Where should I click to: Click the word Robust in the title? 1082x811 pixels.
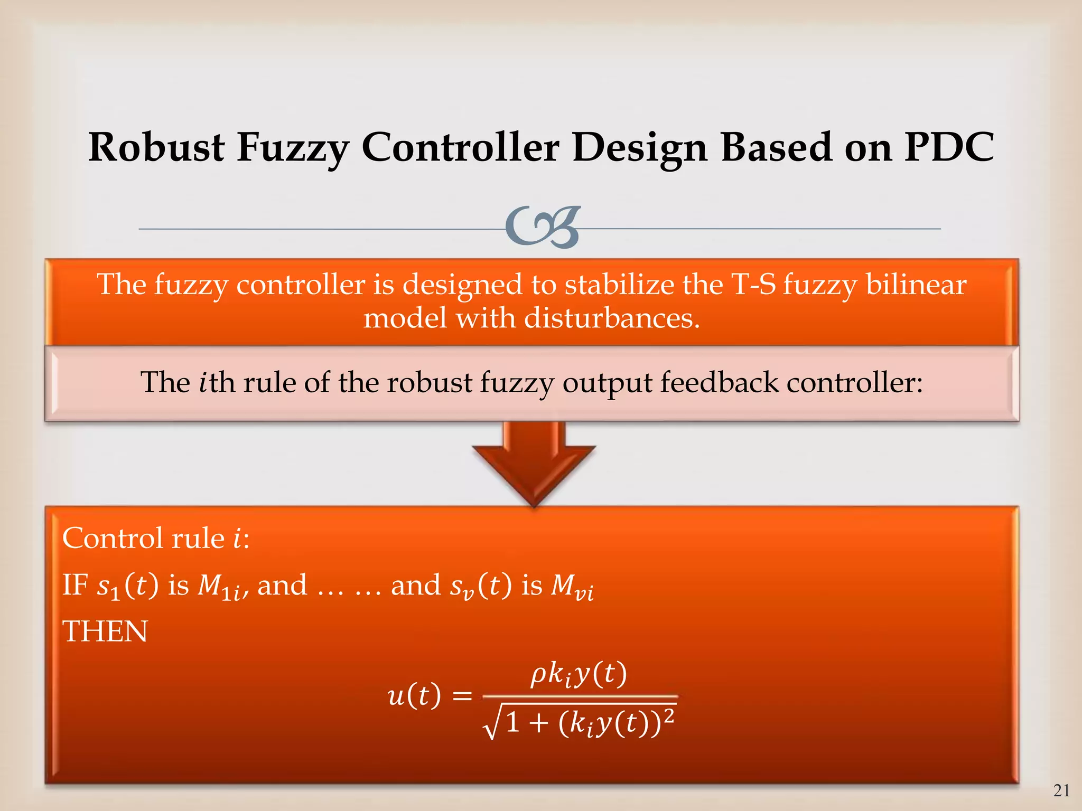click(x=156, y=147)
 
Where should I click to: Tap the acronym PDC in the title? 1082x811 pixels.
click(x=949, y=147)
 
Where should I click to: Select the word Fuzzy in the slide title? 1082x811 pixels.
click(x=292, y=148)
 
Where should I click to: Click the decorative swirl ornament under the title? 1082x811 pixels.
click(x=543, y=228)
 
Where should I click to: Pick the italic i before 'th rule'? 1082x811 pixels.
click(x=203, y=382)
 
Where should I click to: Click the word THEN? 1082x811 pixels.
click(x=105, y=631)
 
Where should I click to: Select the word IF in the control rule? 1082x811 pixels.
click(x=74, y=585)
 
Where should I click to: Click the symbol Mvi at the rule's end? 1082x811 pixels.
click(x=572, y=586)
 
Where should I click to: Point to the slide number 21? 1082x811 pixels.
click(x=1061, y=790)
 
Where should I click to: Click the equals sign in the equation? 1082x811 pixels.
click(x=462, y=696)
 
